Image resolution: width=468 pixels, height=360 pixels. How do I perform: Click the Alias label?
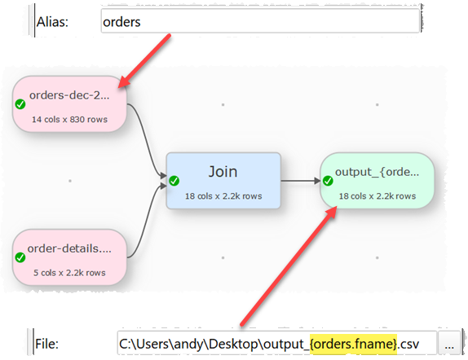(x=52, y=22)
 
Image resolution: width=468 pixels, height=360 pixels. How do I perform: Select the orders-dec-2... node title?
(x=76, y=95)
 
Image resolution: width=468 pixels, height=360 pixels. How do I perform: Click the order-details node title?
(x=75, y=248)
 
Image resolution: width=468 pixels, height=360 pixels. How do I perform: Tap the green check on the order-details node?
(x=20, y=257)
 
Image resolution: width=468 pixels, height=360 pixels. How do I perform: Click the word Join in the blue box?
(x=223, y=171)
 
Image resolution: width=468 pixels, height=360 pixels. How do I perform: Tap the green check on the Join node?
(x=174, y=179)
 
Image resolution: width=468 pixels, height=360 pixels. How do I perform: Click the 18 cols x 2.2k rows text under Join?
(x=222, y=195)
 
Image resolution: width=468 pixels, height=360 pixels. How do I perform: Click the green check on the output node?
(x=327, y=180)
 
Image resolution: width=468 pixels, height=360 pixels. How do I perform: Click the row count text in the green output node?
(x=377, y=195)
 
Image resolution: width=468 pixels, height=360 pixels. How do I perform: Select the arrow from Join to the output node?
(x=300, y=180)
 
